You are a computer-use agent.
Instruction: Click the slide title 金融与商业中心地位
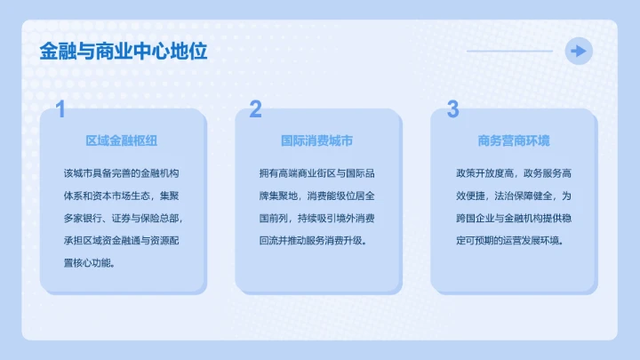(123, 51)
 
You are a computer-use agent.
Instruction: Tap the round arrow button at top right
(580, 51)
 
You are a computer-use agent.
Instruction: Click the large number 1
(60, 109)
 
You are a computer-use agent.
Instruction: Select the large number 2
(256, 109)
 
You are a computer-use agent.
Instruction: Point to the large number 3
(452, 109)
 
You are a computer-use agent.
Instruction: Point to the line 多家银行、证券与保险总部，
(123, 217)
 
